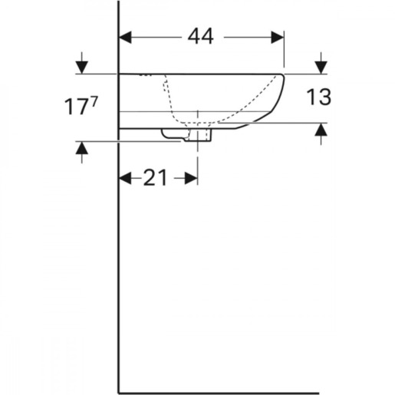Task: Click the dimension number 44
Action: [200, 37]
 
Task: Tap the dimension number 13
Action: [320, 97]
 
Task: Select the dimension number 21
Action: [156, 178]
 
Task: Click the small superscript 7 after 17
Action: [94, 100]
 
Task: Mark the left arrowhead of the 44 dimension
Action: [124, 37]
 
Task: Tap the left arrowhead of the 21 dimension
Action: [124, 178]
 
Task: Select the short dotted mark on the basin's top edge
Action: [146, 76]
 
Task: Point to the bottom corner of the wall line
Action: [119, 391]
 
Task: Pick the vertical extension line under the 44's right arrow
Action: [285, 54]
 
